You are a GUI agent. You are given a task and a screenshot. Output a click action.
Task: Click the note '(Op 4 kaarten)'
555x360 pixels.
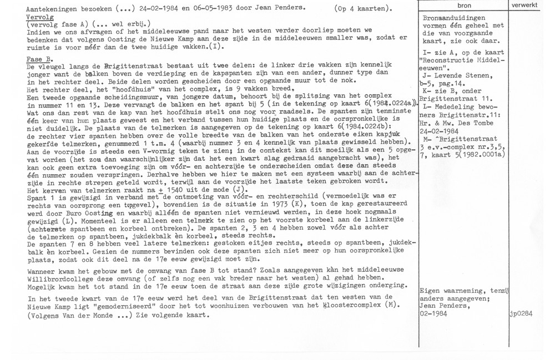pyautogui.click(x=364, y=9)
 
